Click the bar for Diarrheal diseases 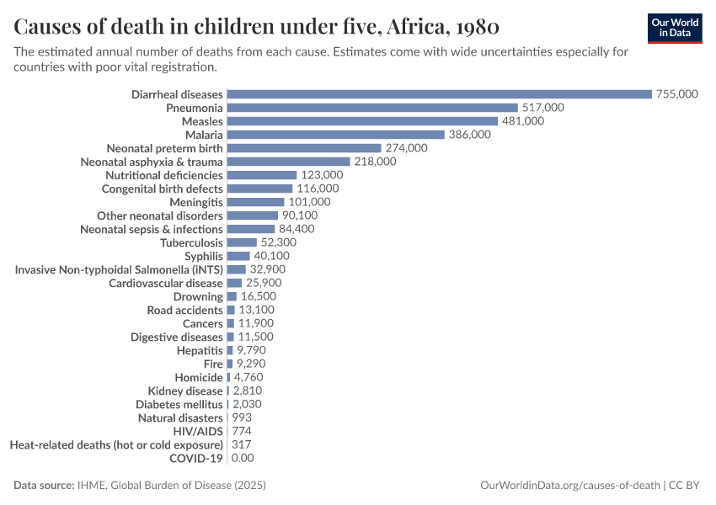(x=439, y=94)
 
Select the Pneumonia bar (x=371, y=108)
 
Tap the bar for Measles (x=361, y=121)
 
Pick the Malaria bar (x=335, y=135)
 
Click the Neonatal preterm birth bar (x=303, y=148)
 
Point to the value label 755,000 (x=677, y=94)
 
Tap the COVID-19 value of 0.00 (x=243, y=458)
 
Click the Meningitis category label (x=195, y=202)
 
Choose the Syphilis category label (x=204, y=256)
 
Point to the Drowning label (x=198, y=296)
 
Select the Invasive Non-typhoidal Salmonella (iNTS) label (x=119, y=269)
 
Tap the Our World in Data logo (x=675, y=28)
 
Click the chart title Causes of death (x=257, y=27)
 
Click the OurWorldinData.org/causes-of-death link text (x=569, y=486)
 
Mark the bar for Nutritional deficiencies (x=261, y=175)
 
